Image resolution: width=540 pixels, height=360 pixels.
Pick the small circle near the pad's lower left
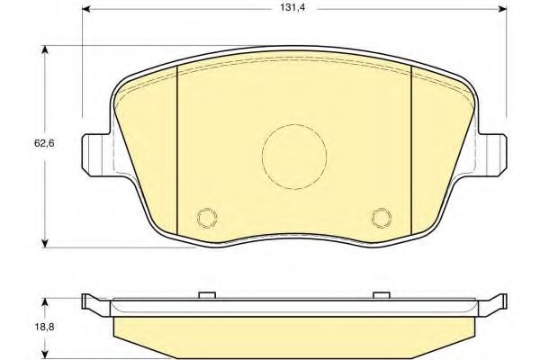point(207,217)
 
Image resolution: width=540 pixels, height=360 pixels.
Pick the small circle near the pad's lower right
point(380,217)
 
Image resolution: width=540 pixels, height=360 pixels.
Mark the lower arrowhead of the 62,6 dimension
point(46,242)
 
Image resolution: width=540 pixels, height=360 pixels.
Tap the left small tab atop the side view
point(207,293)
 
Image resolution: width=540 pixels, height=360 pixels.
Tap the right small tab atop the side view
point(380,293)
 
